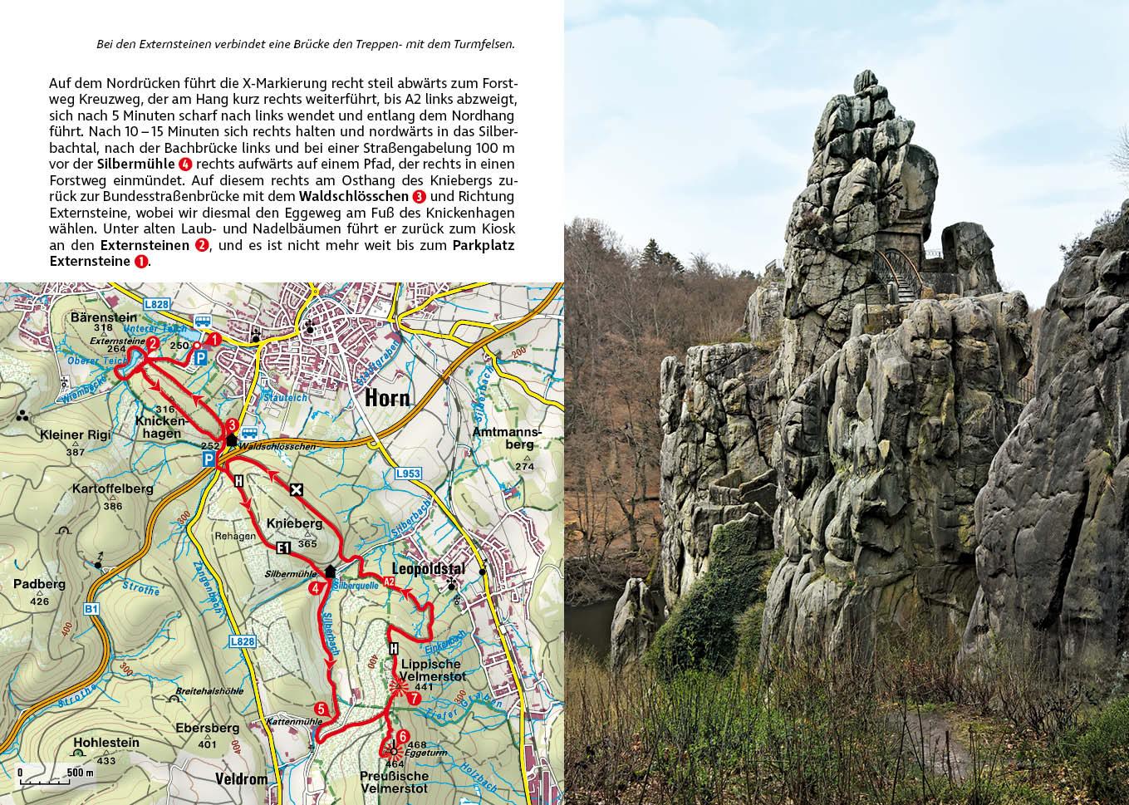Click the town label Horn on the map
pos(387,397)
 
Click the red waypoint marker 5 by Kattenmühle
pos(321,709)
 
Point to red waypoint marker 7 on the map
pos(415,699)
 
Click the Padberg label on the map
pos(39,584)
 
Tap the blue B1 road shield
pos(92,610)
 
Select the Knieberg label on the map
pos(294,523)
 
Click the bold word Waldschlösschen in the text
pos(353,196)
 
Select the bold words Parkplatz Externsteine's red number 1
pos(141,261)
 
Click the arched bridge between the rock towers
pos(902,258)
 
